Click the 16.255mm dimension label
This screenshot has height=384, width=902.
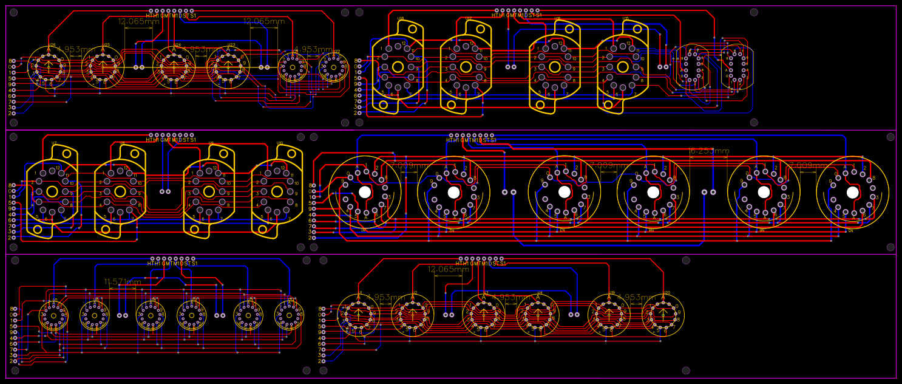pos(710,151)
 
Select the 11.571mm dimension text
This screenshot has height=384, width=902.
pos(123,282)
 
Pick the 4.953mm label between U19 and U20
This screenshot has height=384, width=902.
pos(637,298)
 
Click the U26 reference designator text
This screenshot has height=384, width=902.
pos(52,45)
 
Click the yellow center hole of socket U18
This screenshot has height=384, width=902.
pos(398,67)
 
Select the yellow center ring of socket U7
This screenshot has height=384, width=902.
pos(52,191)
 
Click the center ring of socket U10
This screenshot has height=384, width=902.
pos(277,191)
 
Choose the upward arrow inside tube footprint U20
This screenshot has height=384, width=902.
pos(663,314)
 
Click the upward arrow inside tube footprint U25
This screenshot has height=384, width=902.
pos(103,66)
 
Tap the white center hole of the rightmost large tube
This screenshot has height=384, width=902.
pos(852,192)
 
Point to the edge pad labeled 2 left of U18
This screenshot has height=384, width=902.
pos(358,113)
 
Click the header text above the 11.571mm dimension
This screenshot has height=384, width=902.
pos(172,264)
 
